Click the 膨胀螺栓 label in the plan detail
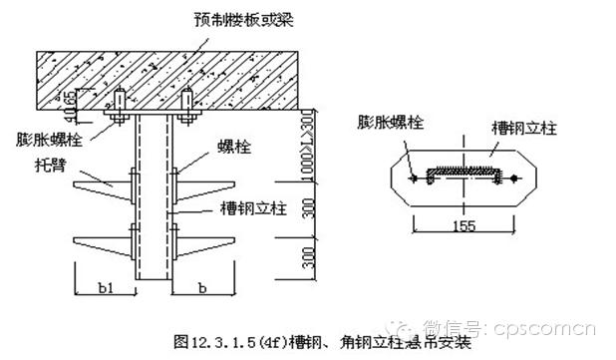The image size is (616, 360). [x=394, y=123]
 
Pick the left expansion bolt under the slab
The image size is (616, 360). [x=118, y=107]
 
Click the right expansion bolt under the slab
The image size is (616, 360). [x=185, y=107]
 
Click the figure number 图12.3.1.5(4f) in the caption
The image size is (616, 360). [x=215, y=341]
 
